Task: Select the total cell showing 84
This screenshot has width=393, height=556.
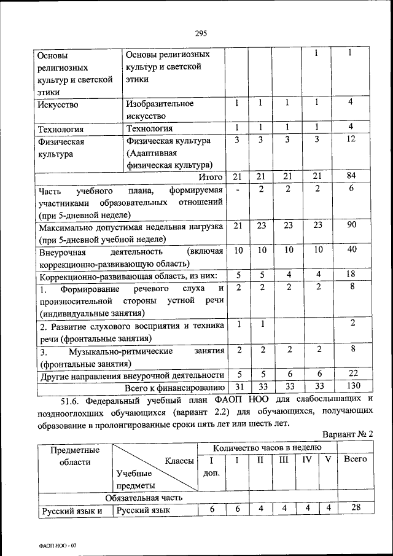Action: (x=351, y=176)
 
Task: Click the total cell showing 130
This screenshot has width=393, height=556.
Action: (x=351, y=386)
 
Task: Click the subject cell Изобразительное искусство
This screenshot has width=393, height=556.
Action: (x=160, y=109)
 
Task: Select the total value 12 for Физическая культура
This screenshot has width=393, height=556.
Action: (x=351, y=140)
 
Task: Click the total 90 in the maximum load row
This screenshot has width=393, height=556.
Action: (x=351, y=225)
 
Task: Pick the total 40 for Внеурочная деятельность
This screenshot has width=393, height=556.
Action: (x=351, y=250)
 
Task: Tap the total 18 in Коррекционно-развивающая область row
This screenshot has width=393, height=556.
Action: (x=351, y=275)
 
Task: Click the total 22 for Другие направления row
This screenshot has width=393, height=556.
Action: (x=351, y=374)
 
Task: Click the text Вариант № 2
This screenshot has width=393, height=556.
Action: (x=348, y=434)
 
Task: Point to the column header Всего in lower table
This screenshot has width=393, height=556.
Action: (x=355, y=460)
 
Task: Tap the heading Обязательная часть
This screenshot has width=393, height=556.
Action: (x=144, y=497)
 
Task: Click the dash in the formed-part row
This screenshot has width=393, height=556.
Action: (x=237, y=190)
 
